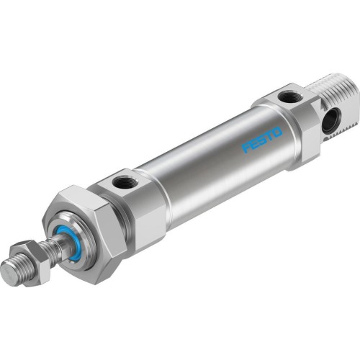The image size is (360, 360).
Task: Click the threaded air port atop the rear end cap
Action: click(289, 96)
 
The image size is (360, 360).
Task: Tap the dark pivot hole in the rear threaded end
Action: click(310, 121)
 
